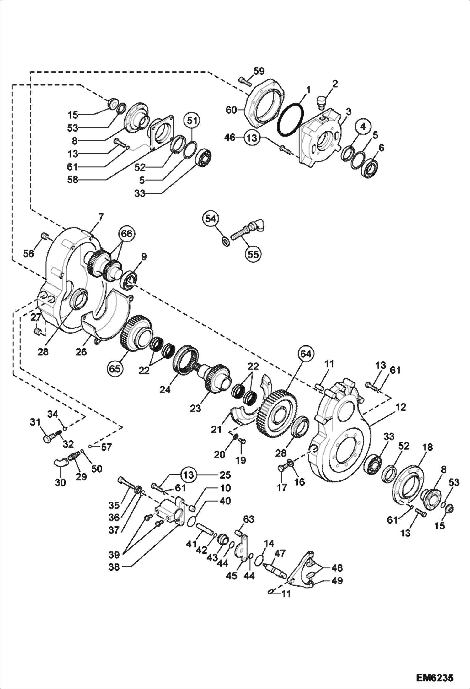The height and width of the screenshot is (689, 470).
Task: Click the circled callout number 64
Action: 306,354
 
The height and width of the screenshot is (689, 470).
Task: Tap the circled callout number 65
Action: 115,368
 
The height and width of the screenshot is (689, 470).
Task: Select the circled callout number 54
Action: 211,219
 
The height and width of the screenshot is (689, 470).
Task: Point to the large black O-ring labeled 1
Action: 291,121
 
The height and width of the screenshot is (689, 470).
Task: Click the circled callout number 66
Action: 127,234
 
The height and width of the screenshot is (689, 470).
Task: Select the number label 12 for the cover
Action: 401,407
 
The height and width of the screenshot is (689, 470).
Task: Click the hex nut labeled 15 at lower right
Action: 449,507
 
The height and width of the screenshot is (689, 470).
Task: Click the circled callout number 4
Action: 363,127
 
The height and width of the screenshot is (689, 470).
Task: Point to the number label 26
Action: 81,352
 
